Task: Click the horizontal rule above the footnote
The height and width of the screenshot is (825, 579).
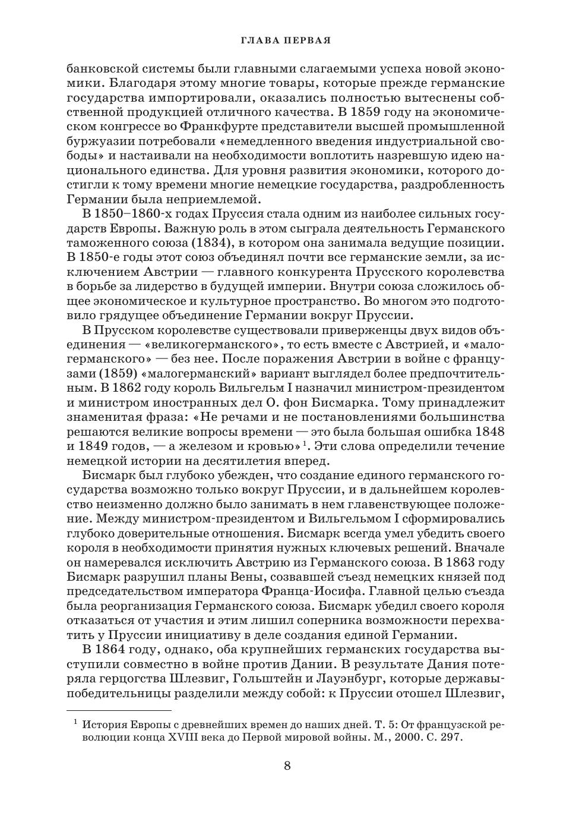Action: click(119, 710)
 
